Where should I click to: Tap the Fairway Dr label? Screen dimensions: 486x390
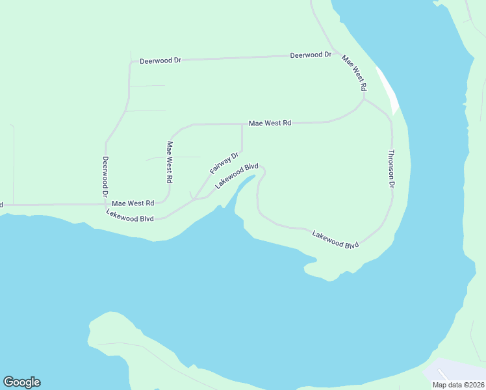click(x=225, y=162)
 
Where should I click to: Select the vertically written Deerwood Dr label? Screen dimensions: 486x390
click(x=105, y=176)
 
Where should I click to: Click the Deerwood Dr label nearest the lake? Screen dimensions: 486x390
click(x=311, y=55)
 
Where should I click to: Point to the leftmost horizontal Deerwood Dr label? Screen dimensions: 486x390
click(x=160, y=60)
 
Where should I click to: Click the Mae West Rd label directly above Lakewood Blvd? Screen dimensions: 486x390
click(x=133, y=203)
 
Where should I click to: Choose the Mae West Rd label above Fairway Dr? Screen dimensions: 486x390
click(x=270, y=123)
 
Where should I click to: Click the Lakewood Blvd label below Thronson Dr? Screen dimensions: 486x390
click(x=335, y=239)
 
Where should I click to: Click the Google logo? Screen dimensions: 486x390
click(x=21, y=382)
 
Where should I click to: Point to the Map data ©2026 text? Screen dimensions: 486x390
click(x=458, y=385)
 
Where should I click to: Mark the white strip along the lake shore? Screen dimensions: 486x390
click(x=388, y=91)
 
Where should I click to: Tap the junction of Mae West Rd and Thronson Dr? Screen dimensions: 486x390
click(x=364, y=99)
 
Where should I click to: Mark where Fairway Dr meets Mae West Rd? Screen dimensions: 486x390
click(x=242, y=123)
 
